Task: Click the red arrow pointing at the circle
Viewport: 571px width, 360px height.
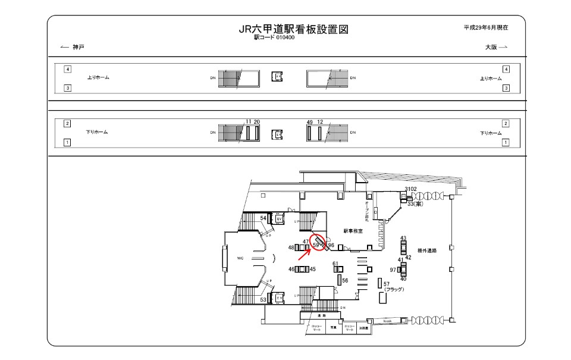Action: click(303, 254)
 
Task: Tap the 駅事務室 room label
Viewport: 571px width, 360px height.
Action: click(353, 230)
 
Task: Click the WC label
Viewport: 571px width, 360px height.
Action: click(240, 258)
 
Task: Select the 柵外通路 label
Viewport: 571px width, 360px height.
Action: click(427, 251)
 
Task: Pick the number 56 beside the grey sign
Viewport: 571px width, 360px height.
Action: click(345, 280)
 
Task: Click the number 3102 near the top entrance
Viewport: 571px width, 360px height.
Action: click(410, 189)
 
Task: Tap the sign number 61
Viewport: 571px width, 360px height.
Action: click(335, 264)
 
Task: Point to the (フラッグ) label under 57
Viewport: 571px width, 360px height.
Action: click(394, 290)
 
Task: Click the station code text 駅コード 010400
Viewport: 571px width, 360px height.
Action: click(274, 37)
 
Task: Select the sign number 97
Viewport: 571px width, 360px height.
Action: click(393, 270)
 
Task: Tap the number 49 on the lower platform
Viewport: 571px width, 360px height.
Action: click(310, 122)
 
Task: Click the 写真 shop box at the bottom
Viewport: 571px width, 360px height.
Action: click(334, 327)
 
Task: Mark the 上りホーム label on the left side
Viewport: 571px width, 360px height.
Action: click(98, 78)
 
